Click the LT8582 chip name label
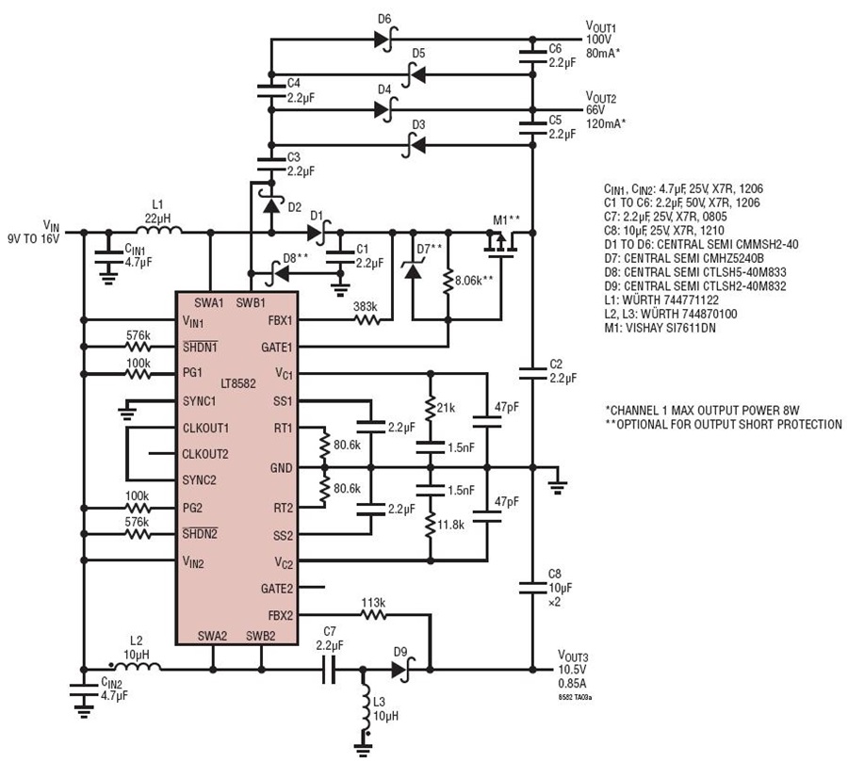coord(238,383)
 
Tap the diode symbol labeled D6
coord(384,39)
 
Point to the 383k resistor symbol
coord(367,320)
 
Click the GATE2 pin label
coord(276,588)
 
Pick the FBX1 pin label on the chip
coord(280,320)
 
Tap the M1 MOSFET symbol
coord(501,242)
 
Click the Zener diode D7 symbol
coord(414,268)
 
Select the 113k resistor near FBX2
coord(373,614)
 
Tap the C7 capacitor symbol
coord(329,670)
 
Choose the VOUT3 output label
coord(573,657)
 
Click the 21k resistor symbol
coord(431,409)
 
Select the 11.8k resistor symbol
coord(431,525)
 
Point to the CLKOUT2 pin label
coord(205,454)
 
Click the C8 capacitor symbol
coord(532,588)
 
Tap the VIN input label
coord(52,225)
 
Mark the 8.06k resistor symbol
coord(448,282)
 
